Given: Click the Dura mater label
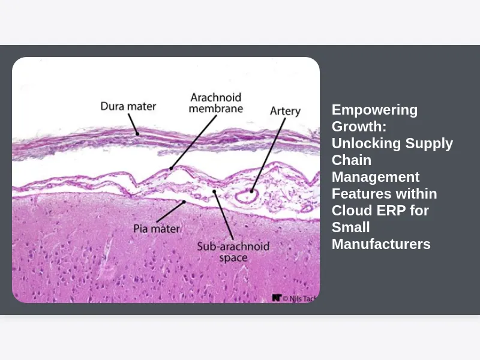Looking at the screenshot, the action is [128, 106].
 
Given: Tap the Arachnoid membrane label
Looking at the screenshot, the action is [216, 103].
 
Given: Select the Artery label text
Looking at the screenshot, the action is [286, 111].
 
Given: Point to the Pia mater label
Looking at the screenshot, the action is [157, 229].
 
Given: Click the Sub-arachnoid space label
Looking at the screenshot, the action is [233, 251].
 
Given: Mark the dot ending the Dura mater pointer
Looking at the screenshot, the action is [138, 134].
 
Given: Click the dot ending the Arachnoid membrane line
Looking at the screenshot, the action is [171, 169].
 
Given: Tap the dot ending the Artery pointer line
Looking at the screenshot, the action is [251, 191].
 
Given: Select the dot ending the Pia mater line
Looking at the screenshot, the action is [184, 202].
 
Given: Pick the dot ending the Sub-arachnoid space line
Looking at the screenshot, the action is [214, 191].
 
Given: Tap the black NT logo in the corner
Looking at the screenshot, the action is [277, 298].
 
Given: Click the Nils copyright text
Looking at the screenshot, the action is [301, 298].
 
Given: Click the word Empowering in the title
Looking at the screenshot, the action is [374, 110].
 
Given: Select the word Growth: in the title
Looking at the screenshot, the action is [359, 127].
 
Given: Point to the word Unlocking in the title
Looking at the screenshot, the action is [367, 143].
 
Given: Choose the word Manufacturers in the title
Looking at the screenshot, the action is [381, 244].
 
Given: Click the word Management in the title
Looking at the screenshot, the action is [376, 177].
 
